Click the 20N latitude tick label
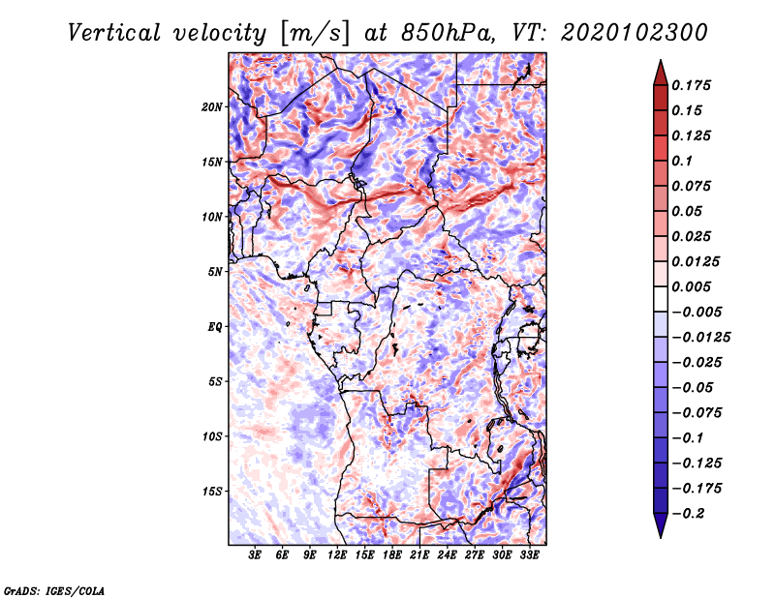(x=212, y=107)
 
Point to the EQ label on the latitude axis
(x=215, y=327)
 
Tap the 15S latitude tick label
(x=212, y=492)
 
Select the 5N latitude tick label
(x=215, y=272)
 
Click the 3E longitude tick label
(x=255, y=554)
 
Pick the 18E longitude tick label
(x=392, y=554)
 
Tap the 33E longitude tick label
(x=529, y=554)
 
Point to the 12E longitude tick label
(x=337, y=554)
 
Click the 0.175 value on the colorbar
(x=691, y=85)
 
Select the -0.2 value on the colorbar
(x=688, y=514)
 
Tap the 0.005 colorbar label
(x=691, y=286)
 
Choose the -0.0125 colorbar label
(x=700, y=338)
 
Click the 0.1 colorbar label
(x=682, y=161)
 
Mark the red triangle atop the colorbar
(x=661, y=73)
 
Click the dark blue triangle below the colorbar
(x=661, y=525)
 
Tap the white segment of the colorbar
(x=661, y=299)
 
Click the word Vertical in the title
(x=114, y=33)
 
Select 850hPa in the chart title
(x=447, y=33)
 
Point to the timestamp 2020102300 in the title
(x=635, y=33)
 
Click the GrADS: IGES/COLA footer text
(x=54, y=590)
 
